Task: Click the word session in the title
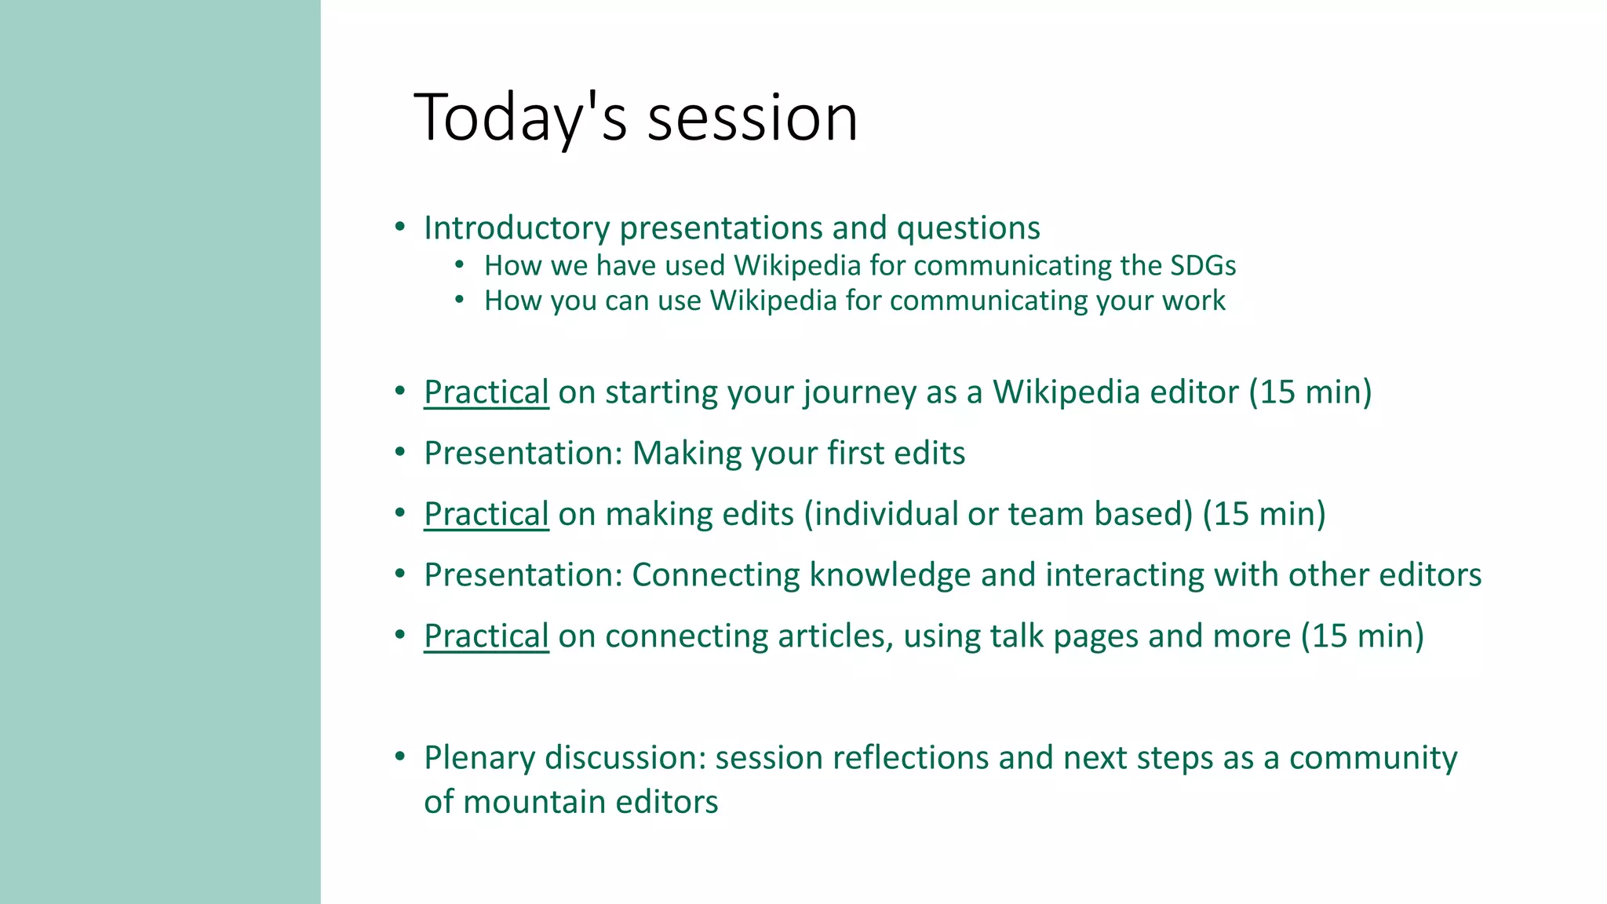[x=752, y=118]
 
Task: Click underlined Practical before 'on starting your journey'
[x=486, y=392]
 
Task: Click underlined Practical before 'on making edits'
[x=486, y=514]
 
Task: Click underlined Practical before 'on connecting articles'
[x=486, y=636]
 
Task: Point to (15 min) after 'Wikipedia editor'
[x=1310, y=392]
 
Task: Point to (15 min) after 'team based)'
[x=1263, y=514]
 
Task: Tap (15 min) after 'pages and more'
[x=1362, y=636]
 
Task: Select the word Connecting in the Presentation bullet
[x=716, y=575]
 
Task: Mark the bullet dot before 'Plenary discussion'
[x=400, y=757]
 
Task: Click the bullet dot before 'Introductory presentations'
[x=400, y=228]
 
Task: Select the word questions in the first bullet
[x=968, y=228]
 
